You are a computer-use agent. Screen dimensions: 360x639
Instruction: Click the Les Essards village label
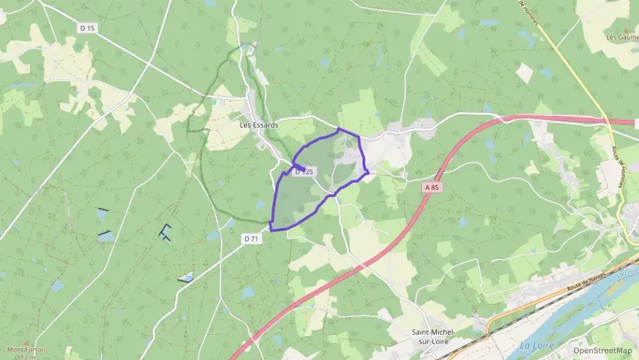(x=259, y=125)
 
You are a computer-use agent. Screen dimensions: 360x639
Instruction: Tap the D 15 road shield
(x=87, y=28)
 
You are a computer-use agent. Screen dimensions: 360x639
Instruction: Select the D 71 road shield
(x=251, y=238)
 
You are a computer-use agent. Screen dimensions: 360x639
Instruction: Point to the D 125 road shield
(x=304, y=172)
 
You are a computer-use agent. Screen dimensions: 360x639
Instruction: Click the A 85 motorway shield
(x=430, y=186)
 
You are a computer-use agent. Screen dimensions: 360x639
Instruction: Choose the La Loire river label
(x=536, y=346)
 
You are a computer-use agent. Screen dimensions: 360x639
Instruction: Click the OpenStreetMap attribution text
(x=602, y=350)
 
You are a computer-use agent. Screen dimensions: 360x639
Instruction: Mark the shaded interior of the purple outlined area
(x=300, y=198)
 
